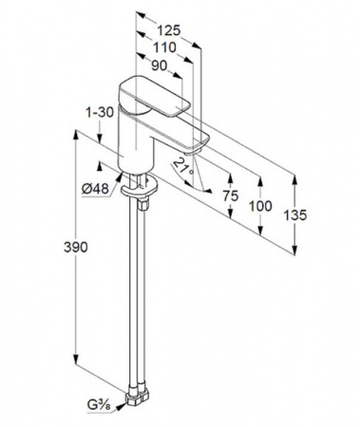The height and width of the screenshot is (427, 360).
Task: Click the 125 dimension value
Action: tap(168, 30)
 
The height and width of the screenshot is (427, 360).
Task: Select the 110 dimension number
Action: tap(164, 47)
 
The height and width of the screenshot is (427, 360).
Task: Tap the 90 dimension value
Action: tap(159, 65)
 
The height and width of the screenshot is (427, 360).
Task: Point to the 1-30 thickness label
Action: tap(100, 112)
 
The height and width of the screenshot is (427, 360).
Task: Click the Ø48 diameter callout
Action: tap(95, 189)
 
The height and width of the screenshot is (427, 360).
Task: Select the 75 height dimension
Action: tap(230, 196)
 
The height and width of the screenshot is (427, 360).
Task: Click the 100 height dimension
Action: tap(260, 206)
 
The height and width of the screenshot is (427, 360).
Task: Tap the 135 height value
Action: tap(294, 215)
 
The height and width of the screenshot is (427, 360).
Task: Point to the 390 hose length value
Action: tap(76, 247)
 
